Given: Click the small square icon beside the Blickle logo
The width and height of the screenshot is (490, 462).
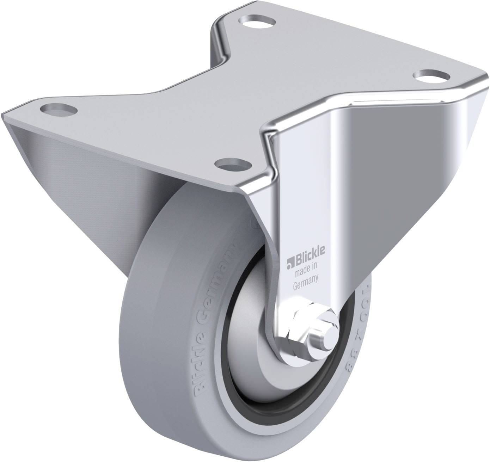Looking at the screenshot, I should (x=290, y=261).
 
